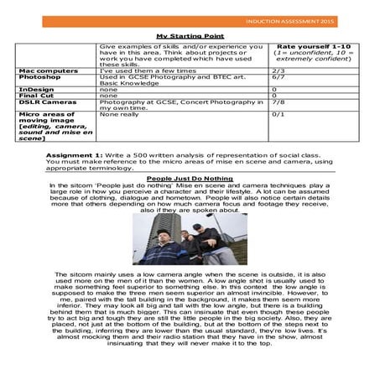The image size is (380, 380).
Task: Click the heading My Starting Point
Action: pos(190,36)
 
